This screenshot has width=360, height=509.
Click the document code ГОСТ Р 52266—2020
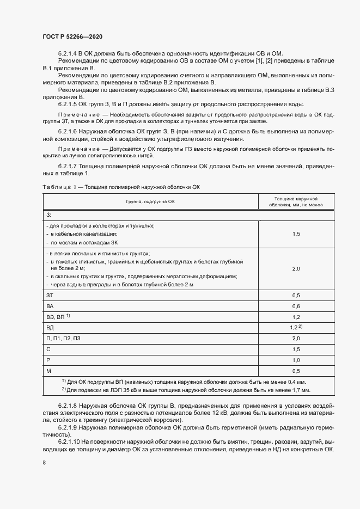(72, 36)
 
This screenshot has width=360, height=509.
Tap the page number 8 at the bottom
(44, 463)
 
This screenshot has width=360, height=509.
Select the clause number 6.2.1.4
(69, 52)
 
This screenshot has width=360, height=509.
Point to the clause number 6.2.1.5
(69, 105)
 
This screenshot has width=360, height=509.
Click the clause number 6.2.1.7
(69, 165)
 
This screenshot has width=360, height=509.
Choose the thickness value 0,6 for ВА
(296, 305)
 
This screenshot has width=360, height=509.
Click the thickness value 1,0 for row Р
(296, 360)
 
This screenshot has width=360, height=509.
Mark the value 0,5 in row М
(296, 371)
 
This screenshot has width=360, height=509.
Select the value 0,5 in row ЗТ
(296, 295)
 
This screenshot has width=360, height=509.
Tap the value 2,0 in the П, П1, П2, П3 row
(296, 338)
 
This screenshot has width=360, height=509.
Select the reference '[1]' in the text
(258, 60)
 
